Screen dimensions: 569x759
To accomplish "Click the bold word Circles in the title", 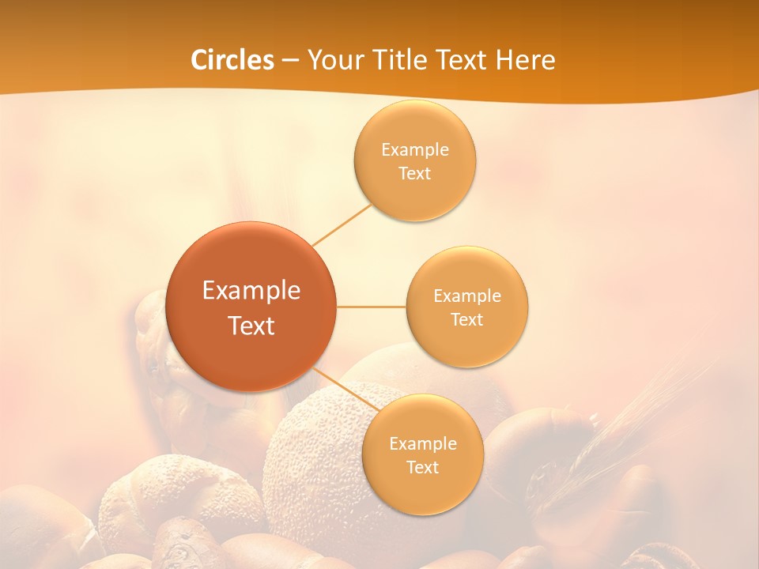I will click(232, 60).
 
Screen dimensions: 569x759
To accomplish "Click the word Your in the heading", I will click(336, 60).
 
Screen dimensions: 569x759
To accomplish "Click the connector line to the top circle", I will click(342, 224).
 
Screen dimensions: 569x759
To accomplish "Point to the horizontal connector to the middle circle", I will click(371, 307).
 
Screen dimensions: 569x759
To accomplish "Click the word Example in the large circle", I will click(251, 291).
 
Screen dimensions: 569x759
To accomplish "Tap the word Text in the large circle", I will click(251, 326).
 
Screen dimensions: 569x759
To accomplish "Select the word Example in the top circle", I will click(414, 150).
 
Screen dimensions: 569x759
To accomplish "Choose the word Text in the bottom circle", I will click(422, 468).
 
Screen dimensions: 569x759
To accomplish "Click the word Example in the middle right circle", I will click(467, 296).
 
